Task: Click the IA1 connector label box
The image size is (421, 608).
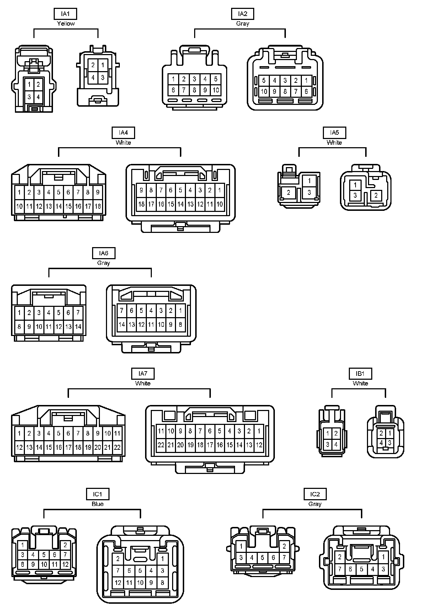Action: [x=65, y=14]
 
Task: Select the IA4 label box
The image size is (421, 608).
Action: [x=123, y=133]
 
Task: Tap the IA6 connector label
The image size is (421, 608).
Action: [x=103, y=253]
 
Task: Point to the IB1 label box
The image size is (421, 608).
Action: [x=360, y=374]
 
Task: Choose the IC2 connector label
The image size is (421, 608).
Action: [x=315, y=494]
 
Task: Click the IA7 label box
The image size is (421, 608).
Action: [x=143, y=374]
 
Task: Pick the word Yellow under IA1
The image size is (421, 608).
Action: [x=66, y=23]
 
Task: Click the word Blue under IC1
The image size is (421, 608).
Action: [x=97, y=504]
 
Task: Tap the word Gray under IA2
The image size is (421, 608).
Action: [x=243, y=23]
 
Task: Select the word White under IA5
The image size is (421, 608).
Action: [x=334, y=143]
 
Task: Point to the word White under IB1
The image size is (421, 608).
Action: [x=360, y=383]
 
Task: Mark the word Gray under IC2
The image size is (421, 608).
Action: [x=315, y=504]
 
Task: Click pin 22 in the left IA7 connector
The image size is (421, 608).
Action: [x=117, y=448]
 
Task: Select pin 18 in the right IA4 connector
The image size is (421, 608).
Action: [x=141, y=204]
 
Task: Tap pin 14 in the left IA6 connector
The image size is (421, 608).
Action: [x=78, y=326]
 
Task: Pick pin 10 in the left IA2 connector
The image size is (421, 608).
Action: [x=215, y=90]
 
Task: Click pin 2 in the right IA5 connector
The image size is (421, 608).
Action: [x=376, y=195]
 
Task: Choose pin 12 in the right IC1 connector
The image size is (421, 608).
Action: [x=118, y=582]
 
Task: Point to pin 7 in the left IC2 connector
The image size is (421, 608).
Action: [x=284, y=558]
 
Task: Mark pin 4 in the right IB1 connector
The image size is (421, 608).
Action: [x=381, y=443]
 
